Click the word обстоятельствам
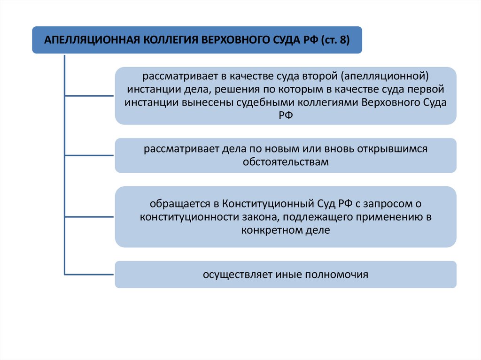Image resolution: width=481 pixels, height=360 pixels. [x=286, y=162]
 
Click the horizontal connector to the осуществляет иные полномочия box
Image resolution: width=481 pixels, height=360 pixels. [x=89, y=274]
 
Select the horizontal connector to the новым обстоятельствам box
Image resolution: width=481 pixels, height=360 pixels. [x=89, y=155]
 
